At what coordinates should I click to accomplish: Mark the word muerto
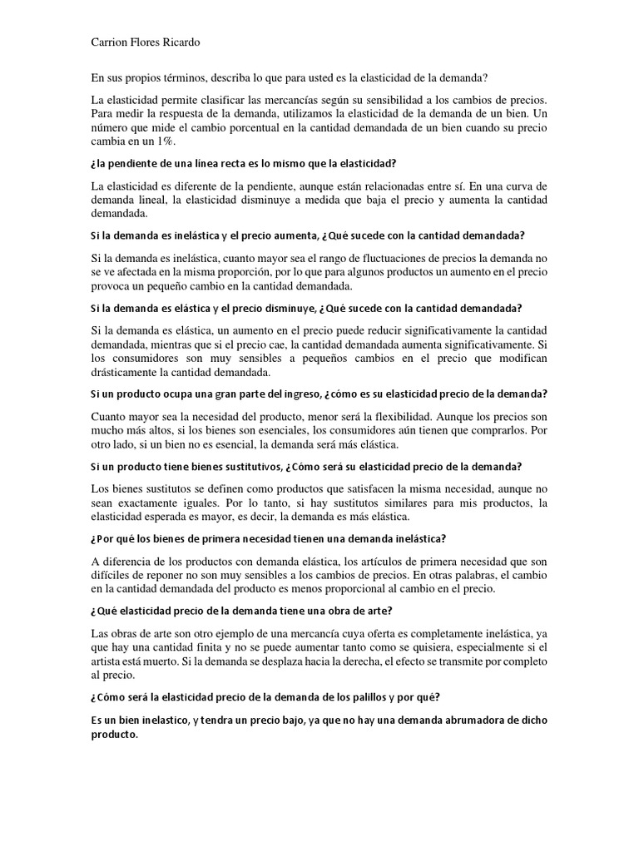point(168,661)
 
